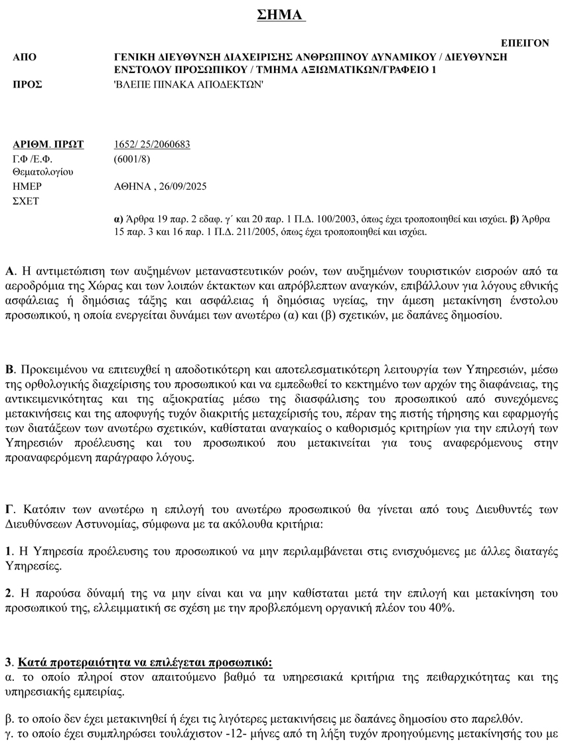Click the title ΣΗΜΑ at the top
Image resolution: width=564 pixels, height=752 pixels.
(x=281, y=15)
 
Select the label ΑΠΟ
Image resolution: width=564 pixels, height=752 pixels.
(x=25, y=57)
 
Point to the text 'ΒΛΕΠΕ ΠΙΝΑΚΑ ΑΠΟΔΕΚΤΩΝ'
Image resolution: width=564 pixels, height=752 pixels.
(x=189, y=84)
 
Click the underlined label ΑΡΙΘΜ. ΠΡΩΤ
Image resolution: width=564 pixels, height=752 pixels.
(x=48, y=144)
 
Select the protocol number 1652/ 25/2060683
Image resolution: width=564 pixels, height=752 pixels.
(x=153, y=144)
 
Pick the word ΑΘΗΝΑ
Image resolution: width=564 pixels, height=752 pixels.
(x=133, y=187)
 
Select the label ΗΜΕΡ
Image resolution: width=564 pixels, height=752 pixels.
(x=27, y=187)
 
